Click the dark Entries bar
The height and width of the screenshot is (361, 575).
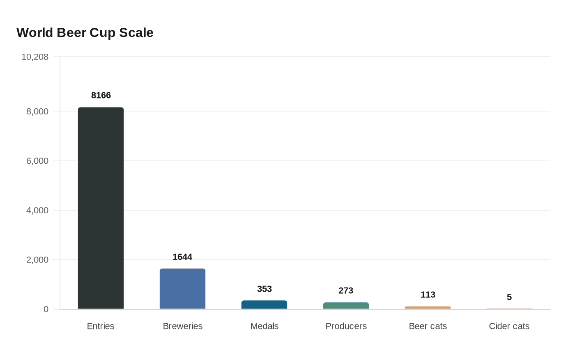(x=101, y=208)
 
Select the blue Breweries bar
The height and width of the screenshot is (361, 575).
(x=182, y=289)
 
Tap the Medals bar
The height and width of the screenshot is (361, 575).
(x=264, y=305)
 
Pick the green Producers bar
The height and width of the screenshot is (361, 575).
(x=346, y=306)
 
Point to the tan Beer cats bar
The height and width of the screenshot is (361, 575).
(x=428, y=308)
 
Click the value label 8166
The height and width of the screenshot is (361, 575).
(x=101, y=95)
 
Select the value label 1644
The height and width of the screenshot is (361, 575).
(x=182, y=257)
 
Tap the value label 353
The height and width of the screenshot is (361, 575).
(x=264, y=289)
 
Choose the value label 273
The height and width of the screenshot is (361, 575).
(x=346, y=290)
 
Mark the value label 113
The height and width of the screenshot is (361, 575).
(x=428, y=295)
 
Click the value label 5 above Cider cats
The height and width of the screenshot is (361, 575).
(x=509, y=297)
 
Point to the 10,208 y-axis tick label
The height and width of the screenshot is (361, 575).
(x=35, y=57)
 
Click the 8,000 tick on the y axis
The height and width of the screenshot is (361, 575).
(x=37, y=112)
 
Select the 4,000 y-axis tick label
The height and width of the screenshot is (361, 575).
(x=37, y=210)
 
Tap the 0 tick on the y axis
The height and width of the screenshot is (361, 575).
(x=46, y=309)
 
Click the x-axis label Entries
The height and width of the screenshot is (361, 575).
(x=101, y=326)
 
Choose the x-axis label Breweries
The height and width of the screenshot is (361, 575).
(x=183, y=326)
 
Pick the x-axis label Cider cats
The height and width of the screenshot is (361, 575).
(x=509, y=326)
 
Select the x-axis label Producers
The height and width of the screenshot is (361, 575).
(x=346, y=326)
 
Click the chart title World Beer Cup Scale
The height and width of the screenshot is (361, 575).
(x=85, y=32)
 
